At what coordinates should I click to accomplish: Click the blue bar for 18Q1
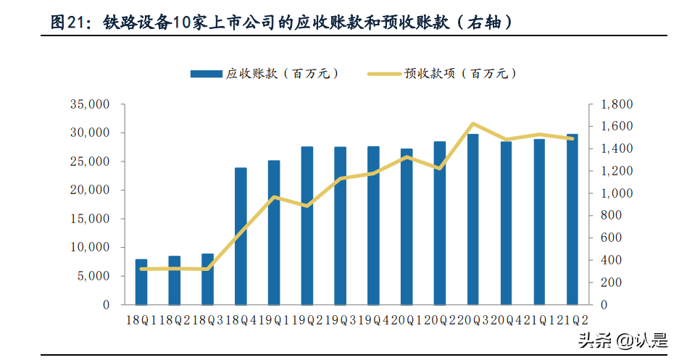coord(141,282)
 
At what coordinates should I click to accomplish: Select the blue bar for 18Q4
coord(241,236)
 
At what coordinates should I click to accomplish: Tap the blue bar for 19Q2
coord(307,225)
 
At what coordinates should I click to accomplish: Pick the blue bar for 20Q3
coord(472,219)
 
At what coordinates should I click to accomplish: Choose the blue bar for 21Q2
coord(572,219)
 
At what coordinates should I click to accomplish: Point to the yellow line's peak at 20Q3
coord(472,124)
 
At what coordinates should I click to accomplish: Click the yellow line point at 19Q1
coord(274,197)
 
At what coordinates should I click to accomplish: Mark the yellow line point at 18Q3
coord(207,269)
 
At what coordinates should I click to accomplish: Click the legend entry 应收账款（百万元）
coord(264,73)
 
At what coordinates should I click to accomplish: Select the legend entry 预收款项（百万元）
coord(442,73)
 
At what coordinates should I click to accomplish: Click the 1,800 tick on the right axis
coord(616,104)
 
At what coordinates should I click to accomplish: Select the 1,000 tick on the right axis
coord(616,193)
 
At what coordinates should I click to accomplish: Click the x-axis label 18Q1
coord(140,319)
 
